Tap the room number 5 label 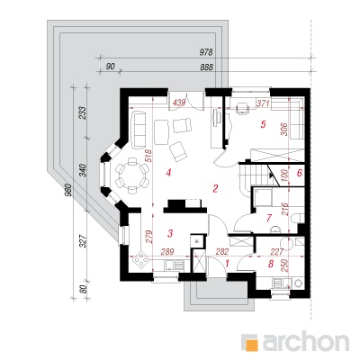click(263, 124)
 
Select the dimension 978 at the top click(206, 52)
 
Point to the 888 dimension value click(206, 67)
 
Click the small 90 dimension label click(111, 67)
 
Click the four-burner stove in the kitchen click(140, 260)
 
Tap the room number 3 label click(170, 233)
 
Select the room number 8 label click(271, 264)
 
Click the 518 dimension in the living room click(150, 156)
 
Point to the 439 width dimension click(179, 103)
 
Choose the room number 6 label click(299, 173)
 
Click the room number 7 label click(269, 218)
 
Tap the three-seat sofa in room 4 click(138, 129)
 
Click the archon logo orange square click(251, 342)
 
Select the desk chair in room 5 click(242, 108)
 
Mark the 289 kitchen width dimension click(167, 252)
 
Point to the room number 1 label click(227, 264)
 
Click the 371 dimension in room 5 click(263, 103)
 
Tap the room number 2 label click(215, 189)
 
